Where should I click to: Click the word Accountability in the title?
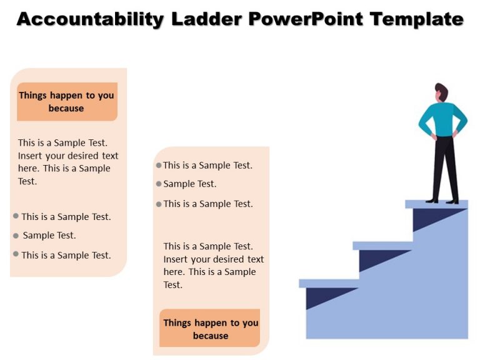tap(90, 19)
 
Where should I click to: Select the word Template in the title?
tap(416, 19)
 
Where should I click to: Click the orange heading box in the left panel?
tap(67, 102)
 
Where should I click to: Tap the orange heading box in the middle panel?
tap(209, 328)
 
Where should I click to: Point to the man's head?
tap(441, 92)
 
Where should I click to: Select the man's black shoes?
tap(442, 200)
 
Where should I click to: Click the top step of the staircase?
tap(436, 204)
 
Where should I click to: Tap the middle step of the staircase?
tap(382, 246)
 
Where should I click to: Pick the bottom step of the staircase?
tap(329, 283)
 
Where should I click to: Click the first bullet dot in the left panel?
tap(16, 216)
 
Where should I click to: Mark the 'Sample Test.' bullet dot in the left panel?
tap(16, 236)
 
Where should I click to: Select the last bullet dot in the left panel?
tap(16, 254)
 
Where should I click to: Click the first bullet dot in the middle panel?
tap(159, 166)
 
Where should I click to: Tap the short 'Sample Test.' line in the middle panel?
tap(189, 184)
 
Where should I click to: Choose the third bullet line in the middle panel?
tap(207, 204)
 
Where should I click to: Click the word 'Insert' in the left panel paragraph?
tap(31, 156)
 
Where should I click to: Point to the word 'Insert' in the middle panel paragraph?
tap(176, 259)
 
